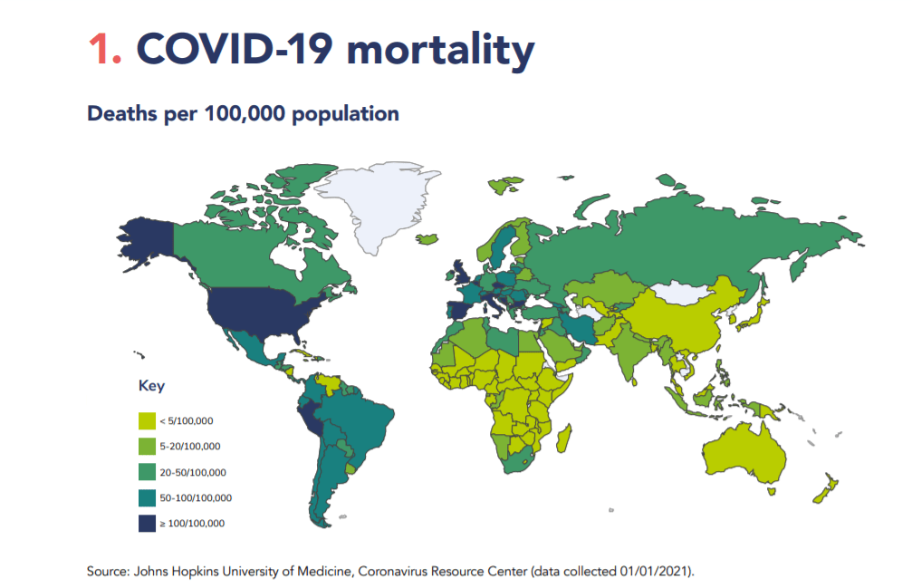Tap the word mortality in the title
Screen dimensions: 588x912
(440, 52)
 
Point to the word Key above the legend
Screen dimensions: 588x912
(151, 385)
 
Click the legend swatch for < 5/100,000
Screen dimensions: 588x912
(146, 420)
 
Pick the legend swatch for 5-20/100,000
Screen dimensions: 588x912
(146, 446)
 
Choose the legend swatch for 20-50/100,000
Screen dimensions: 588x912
(146, 471)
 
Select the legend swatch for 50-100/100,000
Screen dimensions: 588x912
(146, 496)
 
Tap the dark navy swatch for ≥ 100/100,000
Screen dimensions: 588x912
(146, 523)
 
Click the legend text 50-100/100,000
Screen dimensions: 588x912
(196, 497)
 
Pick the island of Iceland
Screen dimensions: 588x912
(427, 240)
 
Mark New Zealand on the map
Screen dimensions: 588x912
(824, 489)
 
